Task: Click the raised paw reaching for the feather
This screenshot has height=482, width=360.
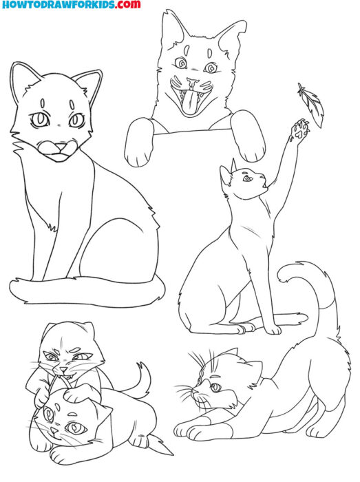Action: [x=299, y=131]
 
